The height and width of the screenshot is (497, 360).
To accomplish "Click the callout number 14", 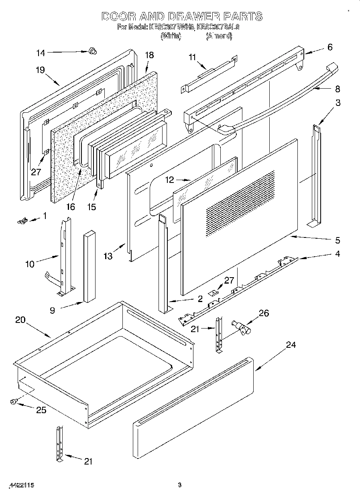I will (41, 53).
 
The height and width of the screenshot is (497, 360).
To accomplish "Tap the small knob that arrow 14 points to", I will (93, 51).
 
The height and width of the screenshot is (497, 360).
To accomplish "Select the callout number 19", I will (40, 70).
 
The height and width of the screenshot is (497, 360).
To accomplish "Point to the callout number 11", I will (192, 57).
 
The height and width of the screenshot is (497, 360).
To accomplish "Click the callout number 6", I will (329, 47).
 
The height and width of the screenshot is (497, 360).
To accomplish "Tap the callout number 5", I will (337, 240).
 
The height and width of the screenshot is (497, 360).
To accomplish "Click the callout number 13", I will (108, 256).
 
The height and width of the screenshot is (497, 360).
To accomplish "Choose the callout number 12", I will (170, 180).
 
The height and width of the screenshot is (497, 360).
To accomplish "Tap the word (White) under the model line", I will (171, 36).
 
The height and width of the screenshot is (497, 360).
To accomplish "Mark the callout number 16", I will (71, 207).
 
